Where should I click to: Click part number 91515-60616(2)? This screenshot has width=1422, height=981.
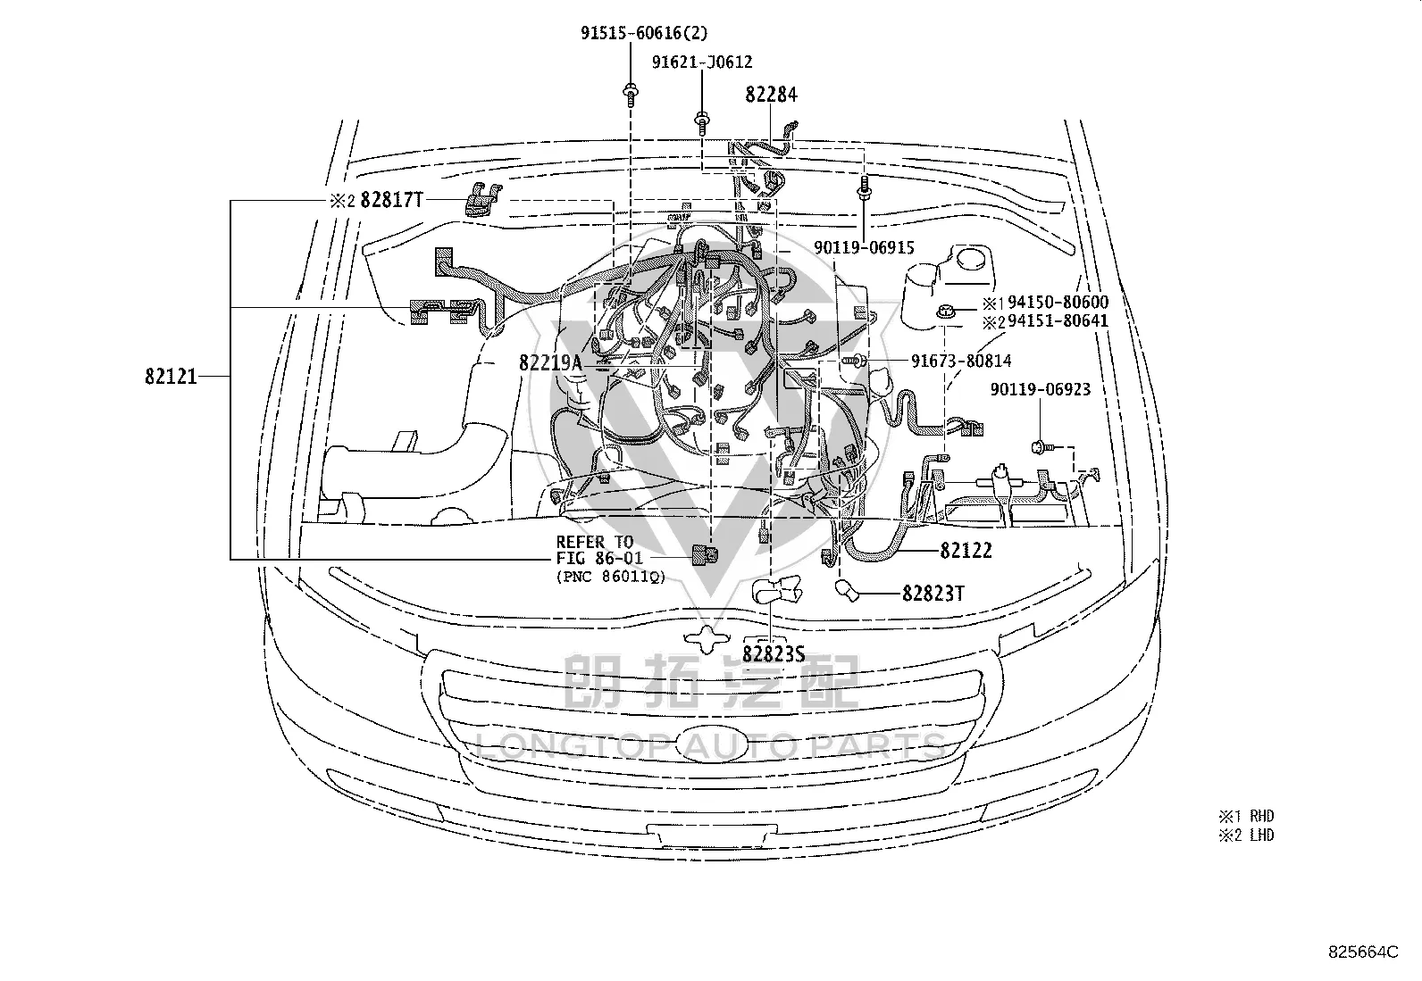coord(644,33)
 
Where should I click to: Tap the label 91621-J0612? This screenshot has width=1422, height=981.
coord(702,62)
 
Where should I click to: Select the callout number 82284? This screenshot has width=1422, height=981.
coord(771,95)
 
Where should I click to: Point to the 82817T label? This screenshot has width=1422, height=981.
coord(392,200)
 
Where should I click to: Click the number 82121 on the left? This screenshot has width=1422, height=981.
coord(171,377)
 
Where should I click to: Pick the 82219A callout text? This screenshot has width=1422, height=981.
coord(550,362)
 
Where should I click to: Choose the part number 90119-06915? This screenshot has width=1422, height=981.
coord(864,247)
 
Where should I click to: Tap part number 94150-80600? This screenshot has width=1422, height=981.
coord(1058,302)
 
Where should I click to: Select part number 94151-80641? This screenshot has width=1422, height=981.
coord(1058,321)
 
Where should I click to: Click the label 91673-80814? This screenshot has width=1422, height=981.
coord(961,361)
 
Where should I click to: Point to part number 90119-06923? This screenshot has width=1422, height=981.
coord(1041,389)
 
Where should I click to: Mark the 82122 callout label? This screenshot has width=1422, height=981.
coord(966,551)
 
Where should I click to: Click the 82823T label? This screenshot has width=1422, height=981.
coord(933,594)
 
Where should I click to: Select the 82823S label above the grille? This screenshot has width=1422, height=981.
coord(774,653)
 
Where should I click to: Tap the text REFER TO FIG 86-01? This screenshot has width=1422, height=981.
coord(595,550)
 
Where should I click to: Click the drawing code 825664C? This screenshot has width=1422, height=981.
coord(1363,952)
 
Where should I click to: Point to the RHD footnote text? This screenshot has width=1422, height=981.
coord(1262,816)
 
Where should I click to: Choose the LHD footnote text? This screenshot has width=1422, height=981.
coord(1262,836)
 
